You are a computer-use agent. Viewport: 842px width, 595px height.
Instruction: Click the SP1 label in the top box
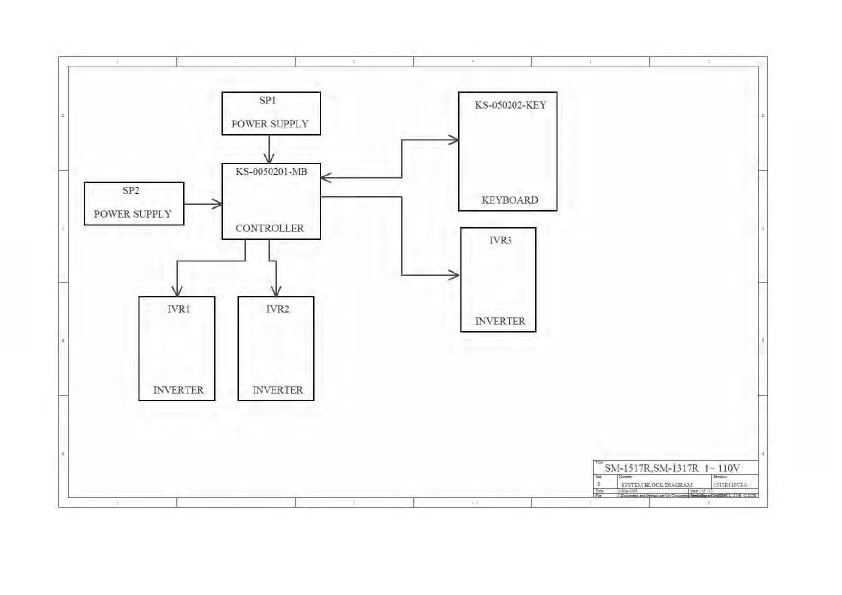[267, 100]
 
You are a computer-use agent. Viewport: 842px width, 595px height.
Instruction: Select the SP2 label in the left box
[131, 190]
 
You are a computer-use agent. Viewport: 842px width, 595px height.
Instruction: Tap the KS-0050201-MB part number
[271, 171]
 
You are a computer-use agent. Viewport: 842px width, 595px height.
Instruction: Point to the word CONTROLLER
[269, 228]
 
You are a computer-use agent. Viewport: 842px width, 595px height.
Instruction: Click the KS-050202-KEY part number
[510, 105]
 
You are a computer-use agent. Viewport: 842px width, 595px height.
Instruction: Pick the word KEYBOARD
[509, 200]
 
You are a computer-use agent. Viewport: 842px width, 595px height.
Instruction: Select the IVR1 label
[178, 309]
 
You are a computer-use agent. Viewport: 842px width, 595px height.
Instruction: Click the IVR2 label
[277, 309]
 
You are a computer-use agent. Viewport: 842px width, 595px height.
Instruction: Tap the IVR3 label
[500, 240]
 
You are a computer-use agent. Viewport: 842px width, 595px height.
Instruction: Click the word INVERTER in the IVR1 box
[178, 390]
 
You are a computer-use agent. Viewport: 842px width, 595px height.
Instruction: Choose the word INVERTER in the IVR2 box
[277, 390]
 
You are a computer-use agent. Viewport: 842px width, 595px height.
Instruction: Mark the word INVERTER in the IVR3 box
[500, 321]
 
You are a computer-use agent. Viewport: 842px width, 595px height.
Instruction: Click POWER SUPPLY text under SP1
[270, 124]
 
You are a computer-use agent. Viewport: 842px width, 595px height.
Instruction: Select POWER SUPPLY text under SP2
[132, 214]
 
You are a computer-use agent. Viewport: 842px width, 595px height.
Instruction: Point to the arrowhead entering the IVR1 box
[177, 291]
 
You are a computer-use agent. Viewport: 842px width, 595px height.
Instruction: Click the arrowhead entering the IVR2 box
[276, 291]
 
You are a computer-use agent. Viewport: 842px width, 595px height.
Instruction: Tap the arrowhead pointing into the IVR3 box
[454, 275]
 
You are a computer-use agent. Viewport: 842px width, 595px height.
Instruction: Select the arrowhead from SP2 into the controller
[217, 204]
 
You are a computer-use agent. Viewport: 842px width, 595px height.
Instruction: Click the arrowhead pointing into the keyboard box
[453, 140]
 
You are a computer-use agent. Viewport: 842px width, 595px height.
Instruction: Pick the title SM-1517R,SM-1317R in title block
[651, 468]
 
